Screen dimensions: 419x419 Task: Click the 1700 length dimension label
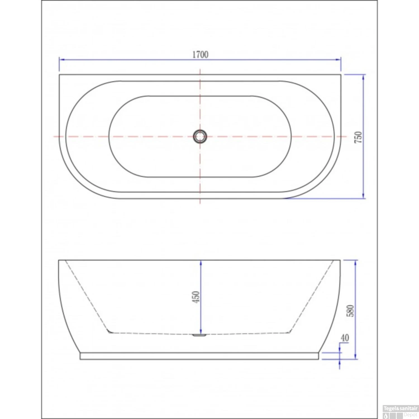(x=200, y=54)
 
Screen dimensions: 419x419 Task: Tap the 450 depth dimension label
(x=196, y=297)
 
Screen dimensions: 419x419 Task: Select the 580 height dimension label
(x=350, y=311)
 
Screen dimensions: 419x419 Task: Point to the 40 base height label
(x=345, y=338)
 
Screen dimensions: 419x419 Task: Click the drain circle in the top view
(x=200, y=137)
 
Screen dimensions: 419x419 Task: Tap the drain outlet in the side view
(x=199, y=335)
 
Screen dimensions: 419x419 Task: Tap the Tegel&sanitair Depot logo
(x=400, y=411)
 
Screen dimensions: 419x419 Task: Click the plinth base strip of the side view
(x=199, y=356)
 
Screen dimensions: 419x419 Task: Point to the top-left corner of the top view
(x=59, y=75)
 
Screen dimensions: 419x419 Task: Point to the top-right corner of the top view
(x=341, y=75)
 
